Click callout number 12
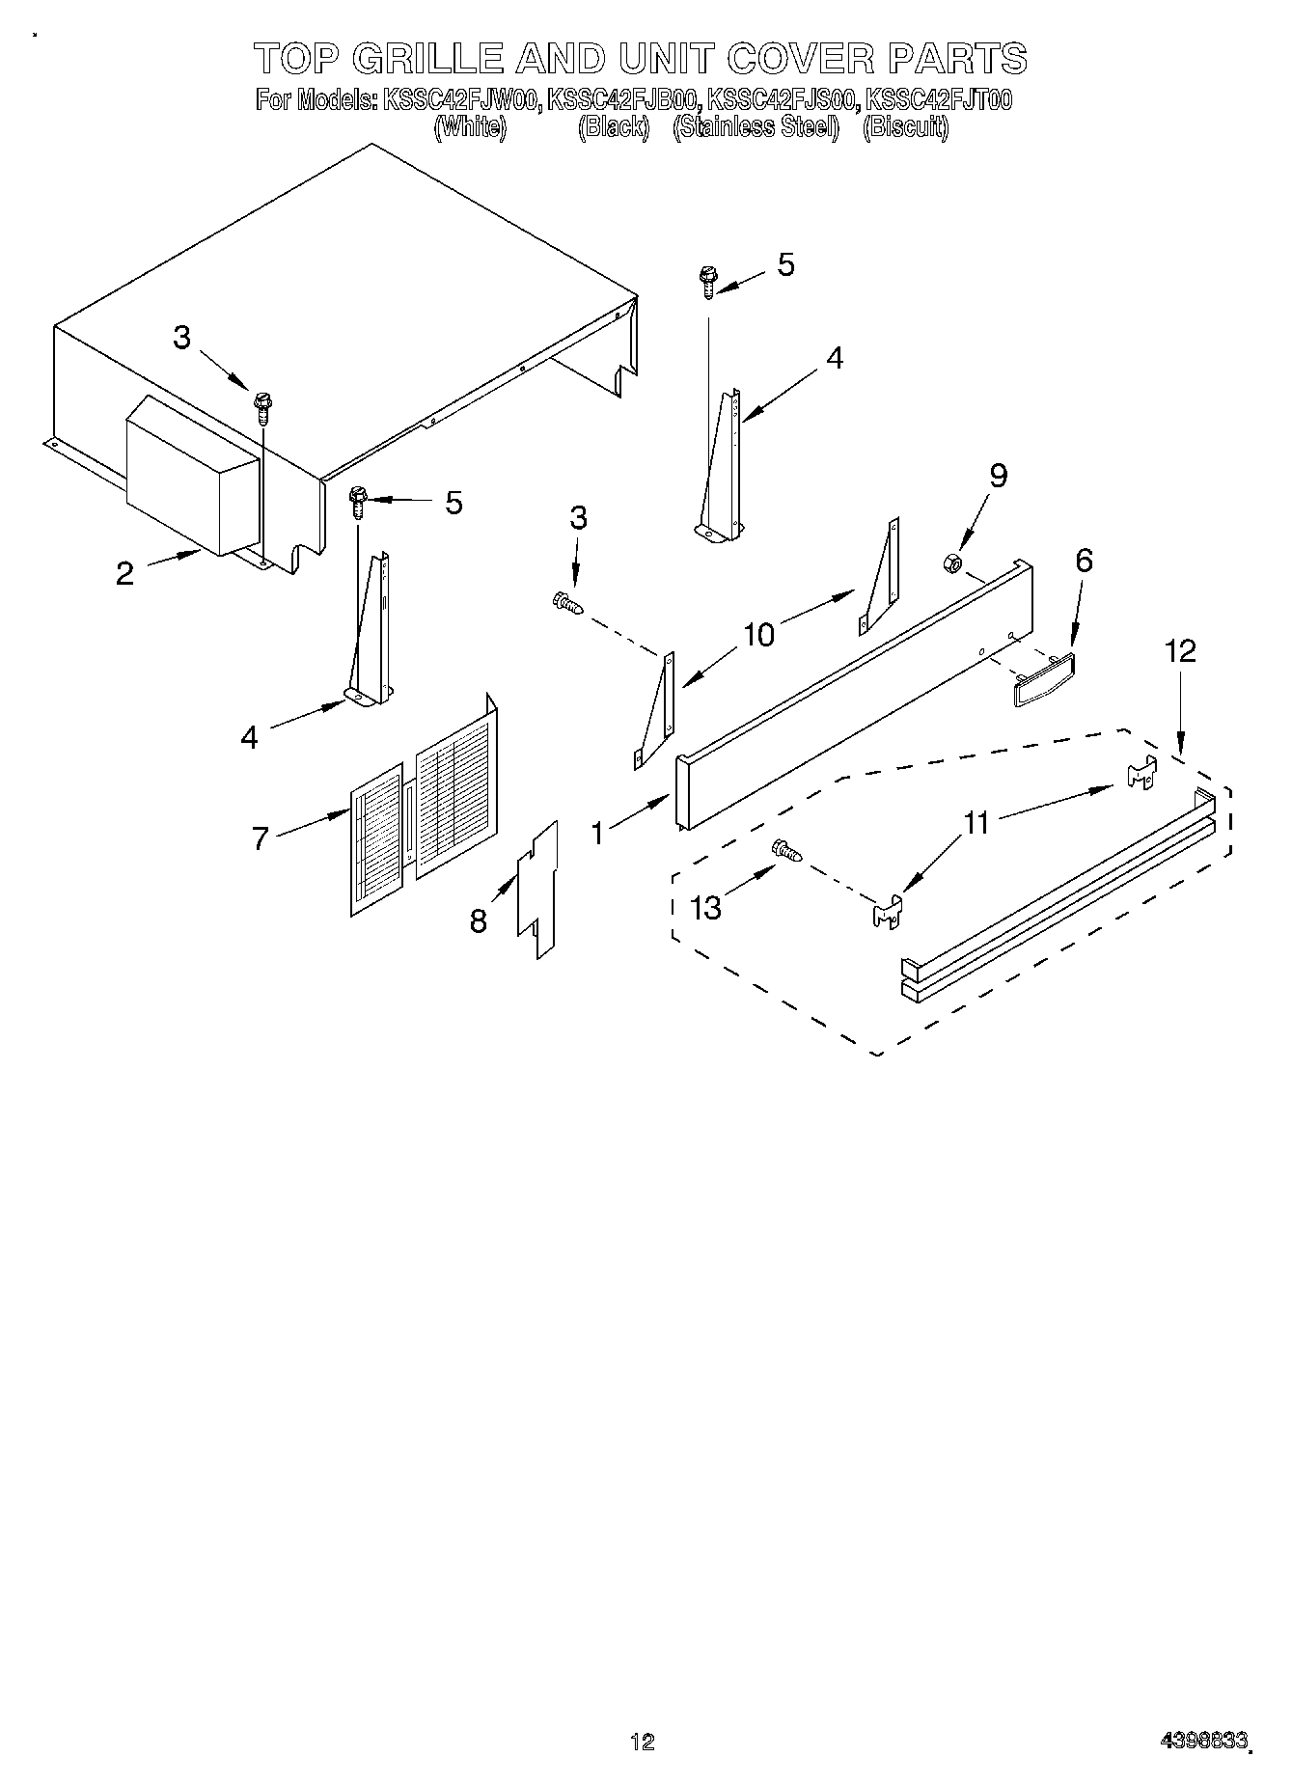[1180, 651]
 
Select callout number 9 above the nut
[999, 475]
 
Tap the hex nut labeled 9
[949, 563]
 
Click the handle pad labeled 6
[1044, 677]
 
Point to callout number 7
[261, 838]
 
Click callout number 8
[479, 921]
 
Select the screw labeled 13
[787, 850]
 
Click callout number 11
[976, 822]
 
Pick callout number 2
[124, 573]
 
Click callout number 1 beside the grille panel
[598, 832]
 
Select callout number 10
[758, 635]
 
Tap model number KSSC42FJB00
[622, 99]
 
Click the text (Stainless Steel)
[756, 128]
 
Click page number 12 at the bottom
[642, 1742]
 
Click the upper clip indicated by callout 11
[1141, 773]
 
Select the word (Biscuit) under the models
[905, 128]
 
